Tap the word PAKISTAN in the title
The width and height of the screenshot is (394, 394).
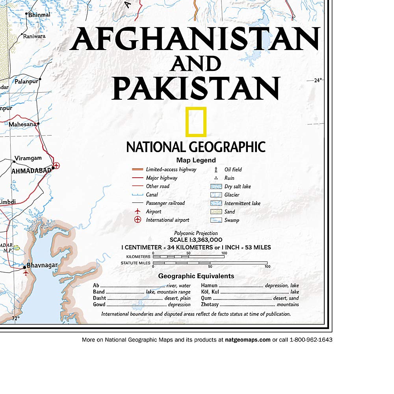pos(196,87)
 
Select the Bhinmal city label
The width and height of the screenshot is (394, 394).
pos(39,15)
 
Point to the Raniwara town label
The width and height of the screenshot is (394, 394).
pos(34,36)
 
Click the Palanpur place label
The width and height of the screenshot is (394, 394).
pos(26,82)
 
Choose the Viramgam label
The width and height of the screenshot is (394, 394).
pos(28,158)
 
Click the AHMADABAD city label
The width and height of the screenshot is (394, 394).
pos(32,171)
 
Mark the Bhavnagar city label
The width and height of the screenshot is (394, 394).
pos(42,266)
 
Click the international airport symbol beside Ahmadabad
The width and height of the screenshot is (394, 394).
pos(56,166)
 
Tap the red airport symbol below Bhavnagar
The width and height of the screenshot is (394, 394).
pos(26,273)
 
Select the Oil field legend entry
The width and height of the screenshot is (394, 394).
pos(233,169)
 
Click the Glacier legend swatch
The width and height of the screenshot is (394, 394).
pos(216,195)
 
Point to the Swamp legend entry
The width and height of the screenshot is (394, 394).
pos(232,220)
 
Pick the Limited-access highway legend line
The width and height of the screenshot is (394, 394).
pos(137,169)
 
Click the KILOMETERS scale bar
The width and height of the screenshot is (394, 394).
pos(188,257)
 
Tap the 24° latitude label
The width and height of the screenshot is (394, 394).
pos(318,80)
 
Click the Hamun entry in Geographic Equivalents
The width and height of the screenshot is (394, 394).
pos(210,286)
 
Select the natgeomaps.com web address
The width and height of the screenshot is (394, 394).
pos(247,340)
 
